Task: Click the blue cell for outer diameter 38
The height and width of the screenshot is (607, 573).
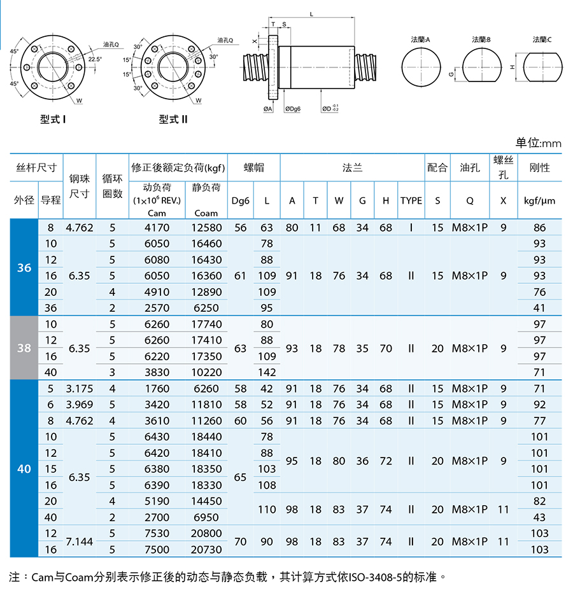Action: tap(24, 348)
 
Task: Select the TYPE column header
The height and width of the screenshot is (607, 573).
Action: tap(411, 200)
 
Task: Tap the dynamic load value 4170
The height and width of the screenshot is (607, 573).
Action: tap(157, 228)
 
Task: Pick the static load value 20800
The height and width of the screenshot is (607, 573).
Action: tap(206, 533)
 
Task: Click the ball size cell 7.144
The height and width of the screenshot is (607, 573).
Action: tap(80, 541)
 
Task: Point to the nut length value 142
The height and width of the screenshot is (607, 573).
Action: tap(267, 372)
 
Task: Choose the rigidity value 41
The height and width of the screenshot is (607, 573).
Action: tap(539, 308)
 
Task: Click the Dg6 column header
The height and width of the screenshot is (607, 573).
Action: tap(240, 201)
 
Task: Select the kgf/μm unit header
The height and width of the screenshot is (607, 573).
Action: tap(539, 200)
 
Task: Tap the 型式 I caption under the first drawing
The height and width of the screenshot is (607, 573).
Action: tap(53, 119)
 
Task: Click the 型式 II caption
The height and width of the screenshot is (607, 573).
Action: tap(173, 119)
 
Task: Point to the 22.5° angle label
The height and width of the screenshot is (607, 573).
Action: tap(95, 59)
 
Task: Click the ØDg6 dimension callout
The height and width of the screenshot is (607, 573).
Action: tap(292, 109)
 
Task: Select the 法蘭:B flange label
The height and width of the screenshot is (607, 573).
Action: tap(481, 39)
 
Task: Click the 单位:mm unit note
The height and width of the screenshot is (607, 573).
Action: tap(538, 143)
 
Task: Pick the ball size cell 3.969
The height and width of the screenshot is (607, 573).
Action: tap(80, 405)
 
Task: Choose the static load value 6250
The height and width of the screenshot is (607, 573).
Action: tap(206, 308)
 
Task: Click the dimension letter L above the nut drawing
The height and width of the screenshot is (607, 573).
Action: tap(311, 15)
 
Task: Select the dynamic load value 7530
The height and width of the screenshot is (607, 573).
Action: tap(157, 533)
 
